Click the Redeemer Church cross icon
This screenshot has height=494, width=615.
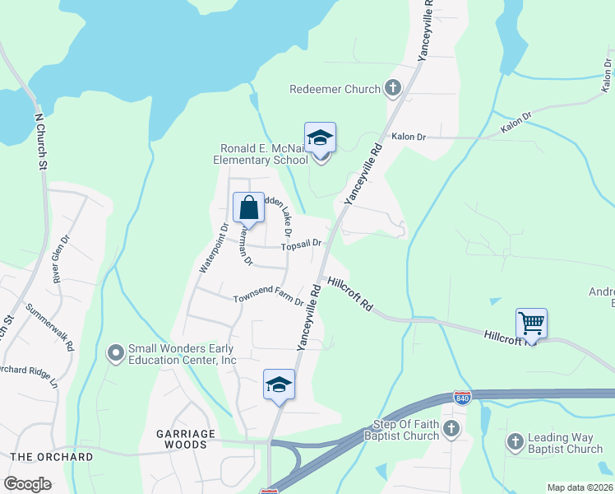point(393,89)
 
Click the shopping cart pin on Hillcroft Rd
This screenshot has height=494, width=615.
point(532,324)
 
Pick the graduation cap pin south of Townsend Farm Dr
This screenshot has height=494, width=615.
point(280,384)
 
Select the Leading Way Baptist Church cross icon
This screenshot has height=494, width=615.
point(515,443)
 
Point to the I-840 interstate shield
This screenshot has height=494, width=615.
point(462,398)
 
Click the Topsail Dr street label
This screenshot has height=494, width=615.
point(299,245)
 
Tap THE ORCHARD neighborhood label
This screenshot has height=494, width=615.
point(52,456)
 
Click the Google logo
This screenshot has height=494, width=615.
point(28,484)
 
